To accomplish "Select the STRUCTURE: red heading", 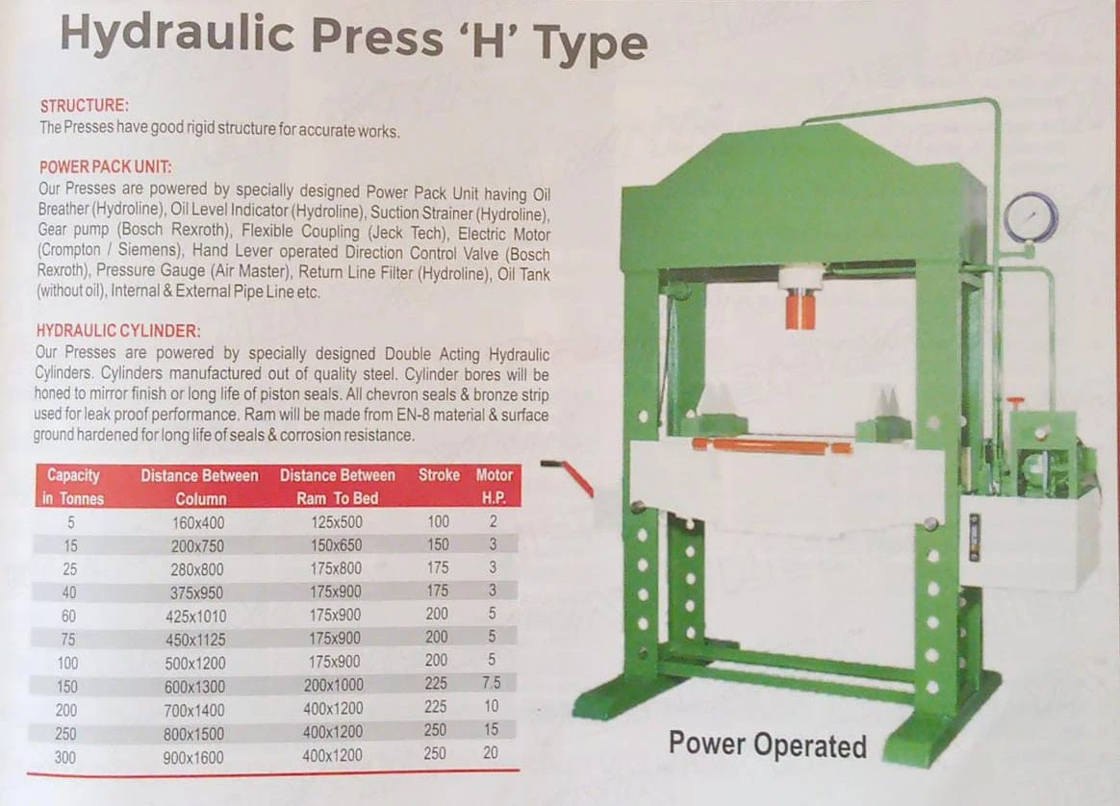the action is pos(85,106).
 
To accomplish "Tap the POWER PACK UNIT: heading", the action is pos(106,167).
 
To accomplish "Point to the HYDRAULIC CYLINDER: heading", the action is pos(118,331).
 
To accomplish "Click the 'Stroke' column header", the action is pos(439,475).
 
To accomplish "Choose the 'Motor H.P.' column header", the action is pos(495,486).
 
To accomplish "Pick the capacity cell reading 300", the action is pos(65,757).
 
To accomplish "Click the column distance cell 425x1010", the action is pos(195,617).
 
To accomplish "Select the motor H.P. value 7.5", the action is pos(492,683).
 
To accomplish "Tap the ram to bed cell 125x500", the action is pos(337,522).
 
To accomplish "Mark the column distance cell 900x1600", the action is pos(192,758).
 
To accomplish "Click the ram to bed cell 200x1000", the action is pos(334,685).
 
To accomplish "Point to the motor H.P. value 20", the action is pos(490,752).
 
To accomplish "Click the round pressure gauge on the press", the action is pos(1031,217).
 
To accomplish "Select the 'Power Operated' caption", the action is pos(768,744).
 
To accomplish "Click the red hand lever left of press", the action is pos(567,476).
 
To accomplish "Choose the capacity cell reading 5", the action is pos(70,522).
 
